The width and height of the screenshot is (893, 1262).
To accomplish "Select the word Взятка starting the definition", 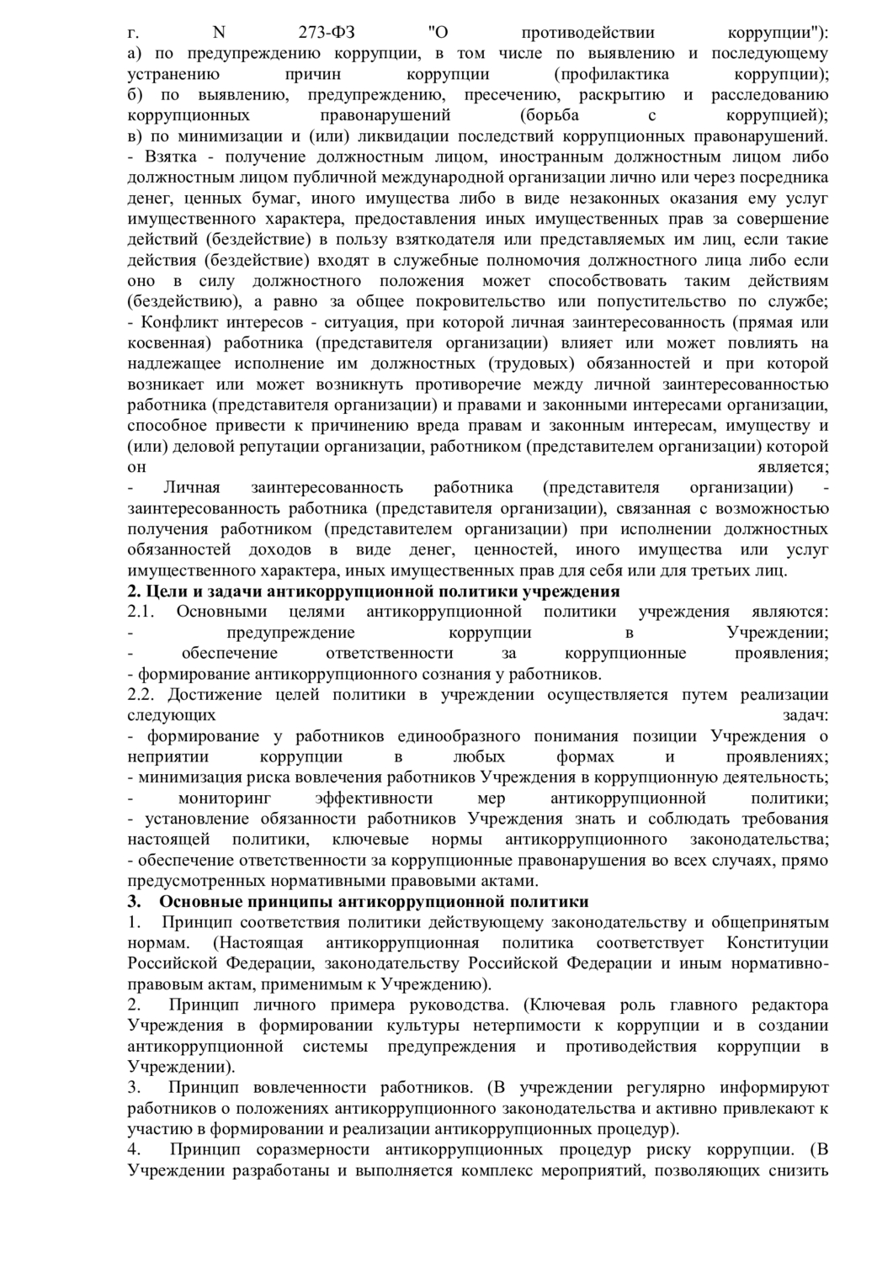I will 169,156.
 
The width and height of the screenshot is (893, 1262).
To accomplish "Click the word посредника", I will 782,178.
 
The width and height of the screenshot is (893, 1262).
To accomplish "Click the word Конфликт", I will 178,322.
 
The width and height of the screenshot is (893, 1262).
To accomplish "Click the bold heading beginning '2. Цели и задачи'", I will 373,591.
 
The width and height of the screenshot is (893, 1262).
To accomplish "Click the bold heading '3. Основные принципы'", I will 358,902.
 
